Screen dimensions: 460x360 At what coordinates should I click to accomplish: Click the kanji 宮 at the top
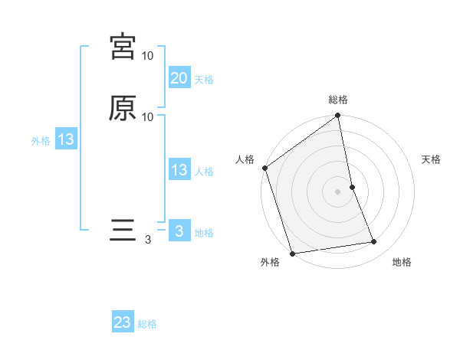click(123, 47)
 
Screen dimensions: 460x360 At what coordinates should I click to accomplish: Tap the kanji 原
click(123, 108)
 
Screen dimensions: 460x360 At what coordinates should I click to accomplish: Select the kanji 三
click(123, 231)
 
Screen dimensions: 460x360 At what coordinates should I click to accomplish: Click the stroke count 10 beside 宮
click(148, 56)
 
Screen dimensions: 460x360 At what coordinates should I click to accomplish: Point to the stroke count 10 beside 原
click(148, 117)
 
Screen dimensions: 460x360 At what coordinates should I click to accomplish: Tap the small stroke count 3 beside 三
click(148, 240)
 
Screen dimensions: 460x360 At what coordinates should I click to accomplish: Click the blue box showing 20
click(179, 77)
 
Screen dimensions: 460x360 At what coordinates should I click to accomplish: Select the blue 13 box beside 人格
click(179, 170)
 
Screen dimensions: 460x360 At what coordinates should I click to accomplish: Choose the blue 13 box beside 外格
click(66, 139)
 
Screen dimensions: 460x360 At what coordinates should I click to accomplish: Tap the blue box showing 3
click(179, 231)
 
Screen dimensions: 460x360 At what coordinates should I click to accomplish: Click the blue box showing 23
click(123, 322)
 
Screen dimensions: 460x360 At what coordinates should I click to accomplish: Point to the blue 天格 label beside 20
click(204, 79)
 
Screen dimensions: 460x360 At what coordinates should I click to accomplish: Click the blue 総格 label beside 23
click(147, 324)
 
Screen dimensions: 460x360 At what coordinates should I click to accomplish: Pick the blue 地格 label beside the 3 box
click(204, 232)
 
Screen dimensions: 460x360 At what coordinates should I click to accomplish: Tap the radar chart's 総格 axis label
click(338, 100)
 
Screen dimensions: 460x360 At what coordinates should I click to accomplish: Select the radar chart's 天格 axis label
click(432, 159)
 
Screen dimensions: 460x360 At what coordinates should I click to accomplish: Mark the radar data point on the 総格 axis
click(338, 116)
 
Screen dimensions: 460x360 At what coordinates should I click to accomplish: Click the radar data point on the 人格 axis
click(264, 168)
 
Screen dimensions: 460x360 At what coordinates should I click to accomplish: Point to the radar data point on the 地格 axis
click(374, 242)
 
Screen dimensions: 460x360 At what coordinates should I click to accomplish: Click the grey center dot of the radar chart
click(338, 191)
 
